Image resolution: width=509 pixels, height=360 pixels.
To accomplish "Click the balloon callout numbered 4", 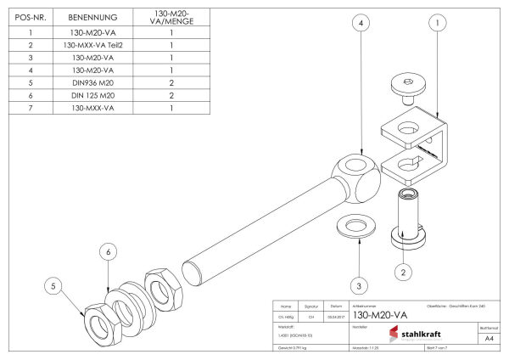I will click(x=362, y=25).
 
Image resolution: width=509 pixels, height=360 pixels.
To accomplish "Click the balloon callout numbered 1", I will click(x=437, y=25).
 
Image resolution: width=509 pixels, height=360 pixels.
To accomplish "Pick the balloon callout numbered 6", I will click(x=107, y=251).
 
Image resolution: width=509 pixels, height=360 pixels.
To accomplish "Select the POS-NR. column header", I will click(x=30, y=15).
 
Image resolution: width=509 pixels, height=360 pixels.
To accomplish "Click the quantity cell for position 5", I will click(x=171, y=83).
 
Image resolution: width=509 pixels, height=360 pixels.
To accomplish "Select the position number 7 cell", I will click(x=30, y=109).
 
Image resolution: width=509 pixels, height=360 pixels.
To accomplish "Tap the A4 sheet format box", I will click(x=488, y=337).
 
